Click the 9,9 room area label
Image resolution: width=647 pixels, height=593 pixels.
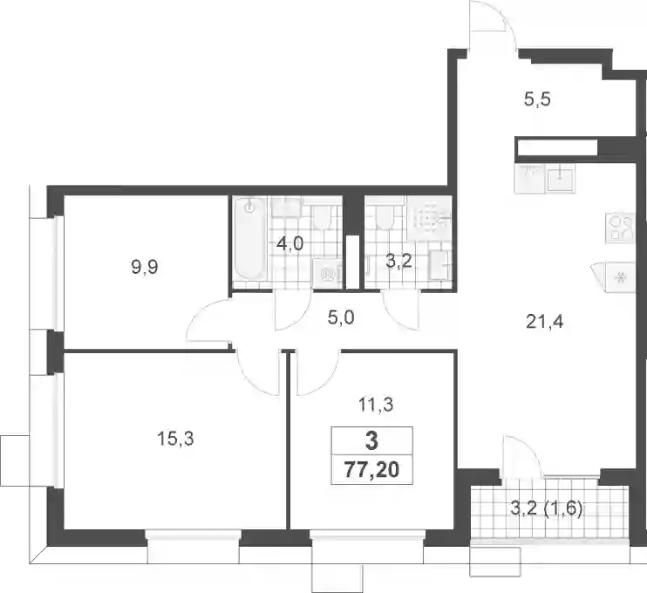(x=145, y=268)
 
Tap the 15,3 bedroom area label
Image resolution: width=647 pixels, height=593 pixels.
(x=175, y=439)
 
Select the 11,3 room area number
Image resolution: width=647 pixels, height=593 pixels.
(x=375, y=405)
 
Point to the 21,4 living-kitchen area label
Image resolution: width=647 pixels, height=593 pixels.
(x=545, y=322)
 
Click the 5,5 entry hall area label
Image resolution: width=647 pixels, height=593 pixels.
(x=537, y=100)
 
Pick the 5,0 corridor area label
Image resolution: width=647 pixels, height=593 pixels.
(x=341, y=318)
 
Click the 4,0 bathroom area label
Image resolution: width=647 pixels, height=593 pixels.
(x=289, y=244)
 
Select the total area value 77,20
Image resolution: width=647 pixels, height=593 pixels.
(x=371, y=470)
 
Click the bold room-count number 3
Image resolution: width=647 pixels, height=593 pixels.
(x=371, y=441)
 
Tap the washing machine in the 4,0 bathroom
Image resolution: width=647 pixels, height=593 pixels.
(x=327, y=273)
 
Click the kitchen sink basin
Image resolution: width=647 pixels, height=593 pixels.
(x=561, y=177)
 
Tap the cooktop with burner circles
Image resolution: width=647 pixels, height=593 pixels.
(x=619, y=227)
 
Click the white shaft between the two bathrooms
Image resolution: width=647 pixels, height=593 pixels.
(x=352, y=262)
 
